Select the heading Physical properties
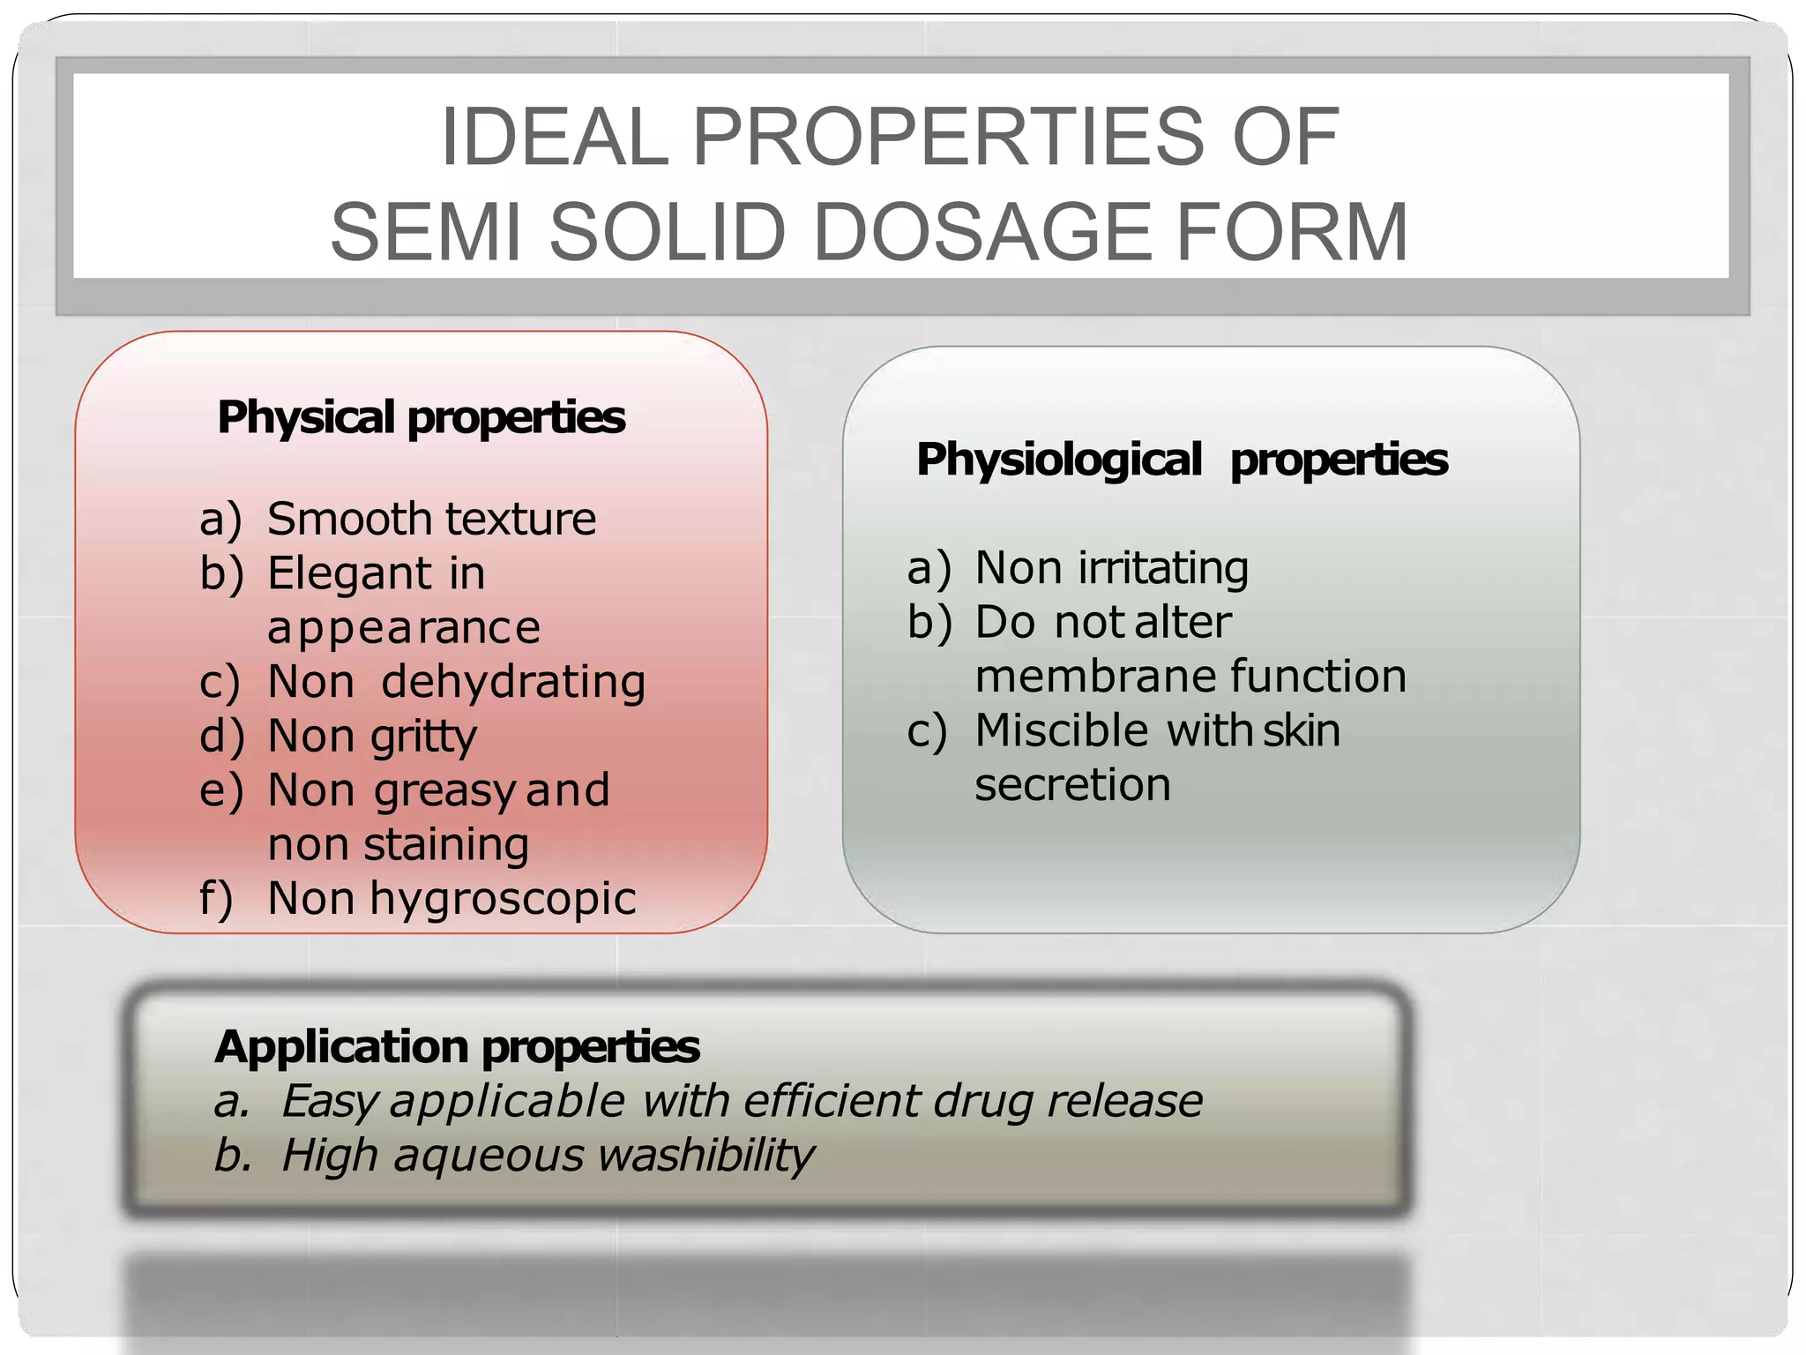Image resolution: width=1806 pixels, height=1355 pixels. coord(421,417)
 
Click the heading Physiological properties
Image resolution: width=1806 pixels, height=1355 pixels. coord(1182,460)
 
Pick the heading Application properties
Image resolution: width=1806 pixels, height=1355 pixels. coord(457,1047)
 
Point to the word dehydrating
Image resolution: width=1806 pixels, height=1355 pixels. coord(513,682)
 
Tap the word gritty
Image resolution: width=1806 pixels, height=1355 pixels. coord(424,737)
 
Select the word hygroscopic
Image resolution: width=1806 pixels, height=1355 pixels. coord(503,899)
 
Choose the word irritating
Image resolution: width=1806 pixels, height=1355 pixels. coord(1162,568)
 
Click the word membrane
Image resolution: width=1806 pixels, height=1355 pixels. coord(1096,677)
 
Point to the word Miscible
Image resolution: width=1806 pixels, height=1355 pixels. coord(1061,731)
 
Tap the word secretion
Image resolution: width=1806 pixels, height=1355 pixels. coord(1072,785)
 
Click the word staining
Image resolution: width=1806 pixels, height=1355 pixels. coord(446,845)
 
